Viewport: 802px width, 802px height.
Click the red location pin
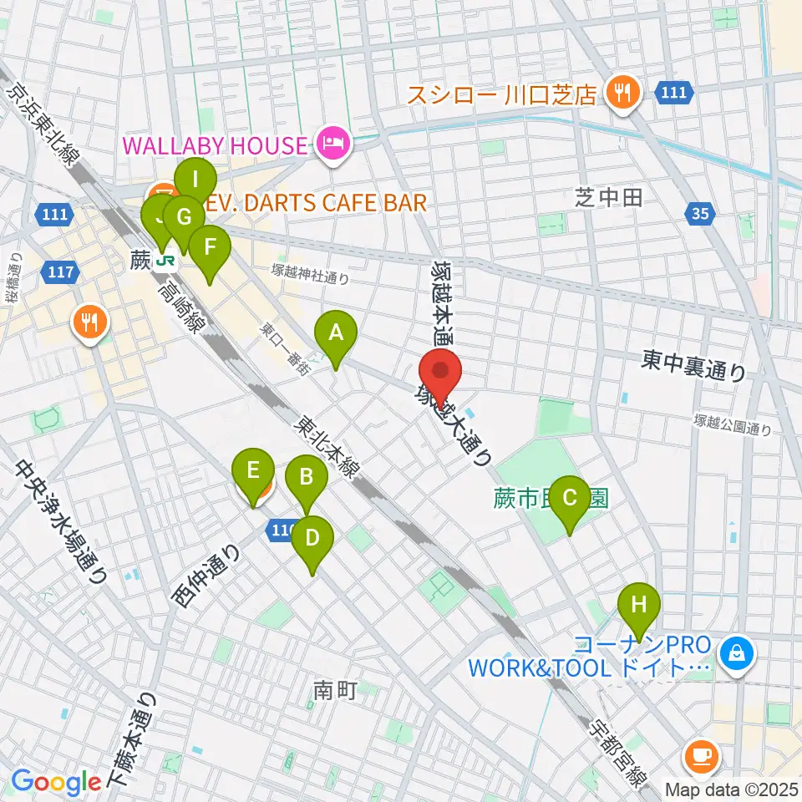click(x=440, y=374)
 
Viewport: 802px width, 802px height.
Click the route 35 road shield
click(x=700, y=215)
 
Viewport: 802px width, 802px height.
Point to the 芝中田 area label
click(x=608, y=197)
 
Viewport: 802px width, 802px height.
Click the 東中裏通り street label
click(x=693, y=360)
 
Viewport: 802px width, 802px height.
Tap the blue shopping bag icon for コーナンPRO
click(x=739, y=653)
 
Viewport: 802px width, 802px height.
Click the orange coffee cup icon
click(x=700, y=757)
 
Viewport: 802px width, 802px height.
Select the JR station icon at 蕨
click(x=165, y=261)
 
